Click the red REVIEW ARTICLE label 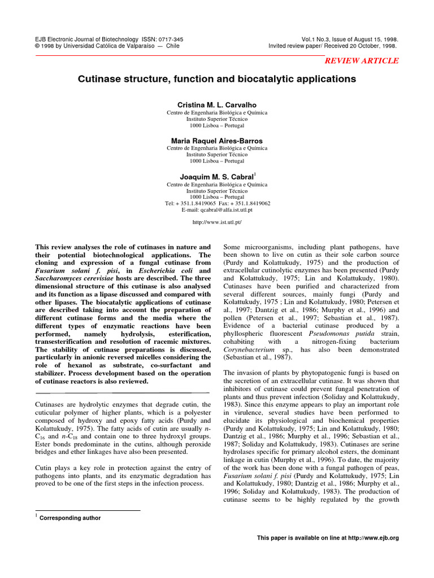click(x=360, y=61)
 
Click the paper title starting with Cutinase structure click(x=217, y=80)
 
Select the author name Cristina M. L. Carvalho click(x=217, y=106)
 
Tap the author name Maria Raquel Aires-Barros click(x=217, y=141)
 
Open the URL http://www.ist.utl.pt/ click(x=217, y=223)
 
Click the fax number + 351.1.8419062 click(x=249, y=203)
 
